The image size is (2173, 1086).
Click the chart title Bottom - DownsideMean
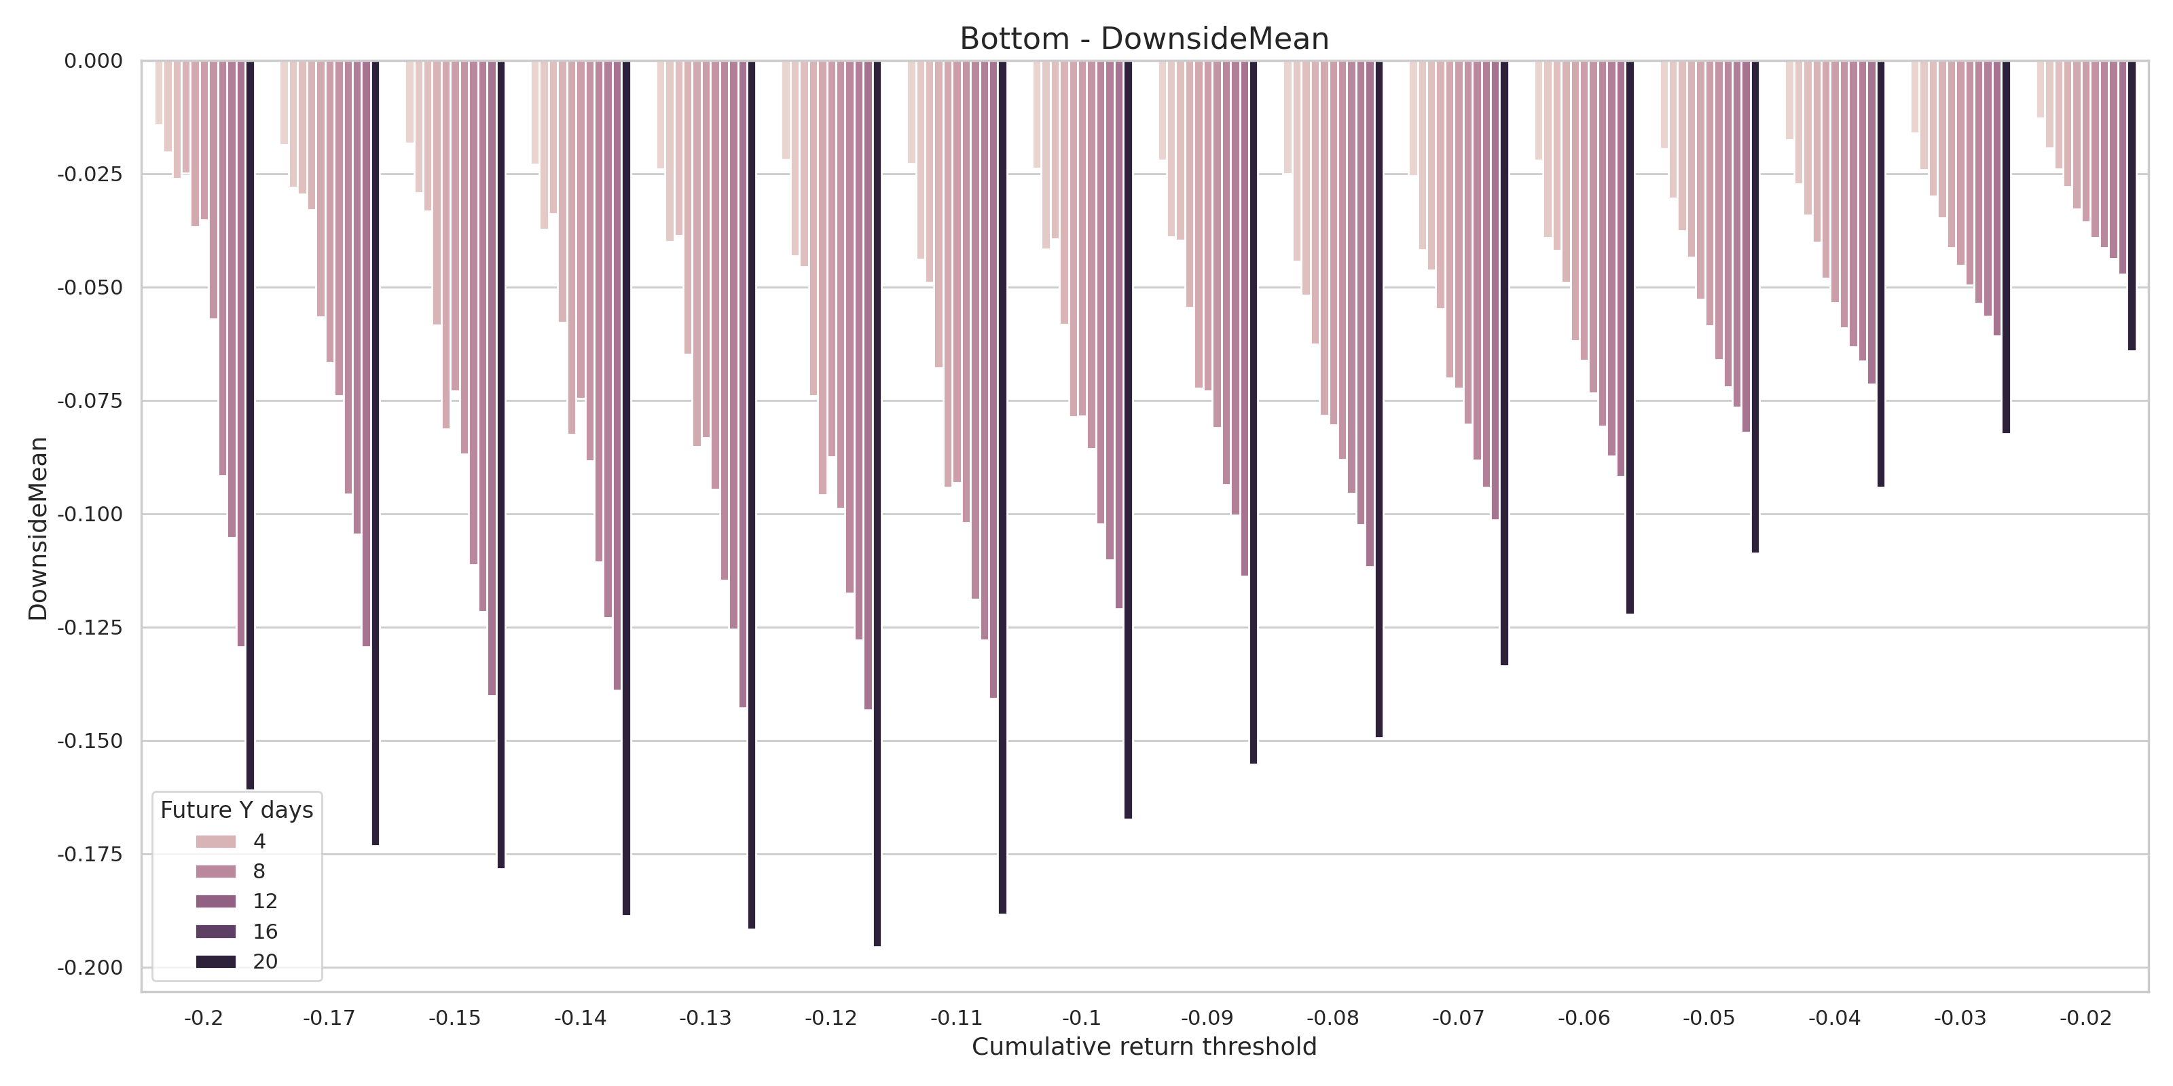tap(1144, 39)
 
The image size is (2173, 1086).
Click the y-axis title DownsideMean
tap(38, 529)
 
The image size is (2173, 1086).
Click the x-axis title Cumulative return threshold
tap(1144, 1047)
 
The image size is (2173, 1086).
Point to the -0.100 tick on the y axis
tap(90, 514)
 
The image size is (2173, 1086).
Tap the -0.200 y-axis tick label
tap(90, 968)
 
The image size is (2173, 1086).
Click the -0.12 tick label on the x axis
tap(831, 1019)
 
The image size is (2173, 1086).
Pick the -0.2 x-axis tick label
tap(203, 1019)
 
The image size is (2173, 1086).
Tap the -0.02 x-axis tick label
tap(2085, 1019)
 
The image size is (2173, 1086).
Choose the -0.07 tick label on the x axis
tap(1458, 1019)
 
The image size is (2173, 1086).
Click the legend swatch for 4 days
tap(215, 842)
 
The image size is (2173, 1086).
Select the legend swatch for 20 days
tap(215, 962)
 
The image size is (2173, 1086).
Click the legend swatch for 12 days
tap(215, 901)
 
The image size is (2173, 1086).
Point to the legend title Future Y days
tap(236, 810)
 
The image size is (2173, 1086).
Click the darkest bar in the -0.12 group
tap(877, 504)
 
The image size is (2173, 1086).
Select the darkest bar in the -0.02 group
tap(2132, 206)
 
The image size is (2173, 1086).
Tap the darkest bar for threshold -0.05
tap(1755, 307)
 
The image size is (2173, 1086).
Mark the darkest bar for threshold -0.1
tap(1128, 439)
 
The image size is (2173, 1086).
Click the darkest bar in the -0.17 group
tap(376, 453)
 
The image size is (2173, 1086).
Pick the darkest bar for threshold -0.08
tap(1379, 399)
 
